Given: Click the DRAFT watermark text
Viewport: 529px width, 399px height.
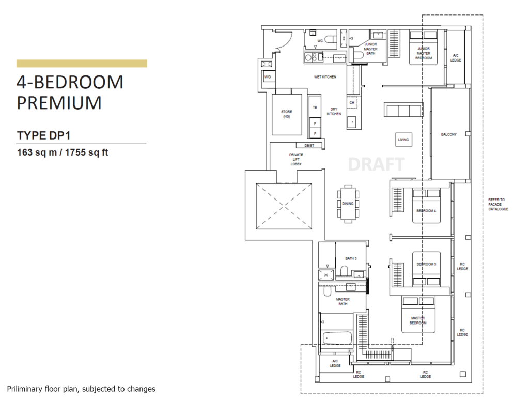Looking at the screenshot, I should coord(376,164).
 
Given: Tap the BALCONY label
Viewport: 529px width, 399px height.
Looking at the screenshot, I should coord(448,135).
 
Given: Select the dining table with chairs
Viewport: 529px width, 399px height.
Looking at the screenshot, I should coord(348,204).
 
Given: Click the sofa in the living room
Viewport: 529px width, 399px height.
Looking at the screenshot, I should coord(403,110).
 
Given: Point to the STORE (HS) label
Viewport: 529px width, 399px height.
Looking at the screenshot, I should coord(286,114).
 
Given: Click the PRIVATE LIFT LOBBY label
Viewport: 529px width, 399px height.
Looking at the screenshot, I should coord(296,159).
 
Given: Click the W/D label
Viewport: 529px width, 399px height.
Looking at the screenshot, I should coord(268,77).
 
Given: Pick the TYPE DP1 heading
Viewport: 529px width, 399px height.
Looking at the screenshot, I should coord(43,135).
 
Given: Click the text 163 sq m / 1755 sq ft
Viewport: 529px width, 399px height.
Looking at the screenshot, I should coord(63,152).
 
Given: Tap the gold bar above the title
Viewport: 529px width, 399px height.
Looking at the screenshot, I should coord(82,64).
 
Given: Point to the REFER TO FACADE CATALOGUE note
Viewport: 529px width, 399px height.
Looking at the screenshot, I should coord(498,204).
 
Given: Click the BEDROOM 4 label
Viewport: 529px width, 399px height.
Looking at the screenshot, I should coord(426,211).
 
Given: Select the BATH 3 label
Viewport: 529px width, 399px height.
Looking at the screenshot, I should coord(351,258).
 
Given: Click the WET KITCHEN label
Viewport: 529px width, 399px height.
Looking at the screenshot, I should coord(325,77).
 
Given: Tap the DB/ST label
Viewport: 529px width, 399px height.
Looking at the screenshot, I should coord(309,146).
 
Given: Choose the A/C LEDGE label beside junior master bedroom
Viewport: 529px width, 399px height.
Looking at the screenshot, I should coord(456,58).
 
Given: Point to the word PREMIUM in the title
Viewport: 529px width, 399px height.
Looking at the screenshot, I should coord(59,103).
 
